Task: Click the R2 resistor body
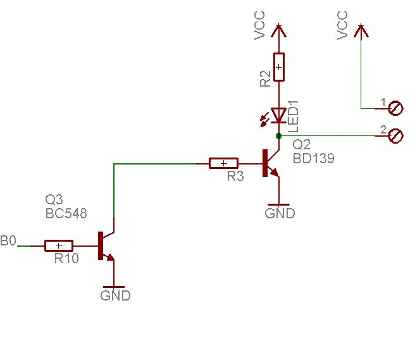click(x=279, y=67)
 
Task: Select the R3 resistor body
click(x=224, y=163)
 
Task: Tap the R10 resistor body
click(x=59, y=245)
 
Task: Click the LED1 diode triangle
click(x=279, y=115)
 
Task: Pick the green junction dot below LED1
click(x=279, y=136)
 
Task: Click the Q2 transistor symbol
click(x=271, y=163)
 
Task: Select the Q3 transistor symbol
click(x=106, y=245)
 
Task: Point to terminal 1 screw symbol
click(x=395, y=108)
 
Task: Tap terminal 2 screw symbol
click(x=395, y=136)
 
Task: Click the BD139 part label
click(x=314, y=158)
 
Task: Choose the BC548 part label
click(x=66, y=213)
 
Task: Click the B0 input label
click(x=8, y=240)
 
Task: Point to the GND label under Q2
click(x=280, y=213)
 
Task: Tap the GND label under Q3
click(x=115, y=295)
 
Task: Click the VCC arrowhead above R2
click(x=279, y=30)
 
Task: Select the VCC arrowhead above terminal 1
click(x=361, y=30)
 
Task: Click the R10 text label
click(x=66, y=258)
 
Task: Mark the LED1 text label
click(x=294, y=116)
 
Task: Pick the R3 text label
click(x=235, y=177)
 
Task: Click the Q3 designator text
click(x=54, y=199)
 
